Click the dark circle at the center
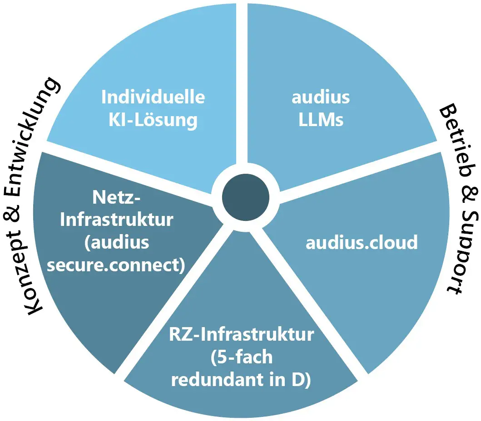click(246, 196)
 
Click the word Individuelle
click(153, 97)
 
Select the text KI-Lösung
click(153, 121)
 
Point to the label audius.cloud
click(362, 242)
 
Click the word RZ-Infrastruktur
click(241, 335)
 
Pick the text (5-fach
click(241, 357)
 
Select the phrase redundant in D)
click(241, 380)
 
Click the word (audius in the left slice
click(117, 243)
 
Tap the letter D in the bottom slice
click(302, 380)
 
